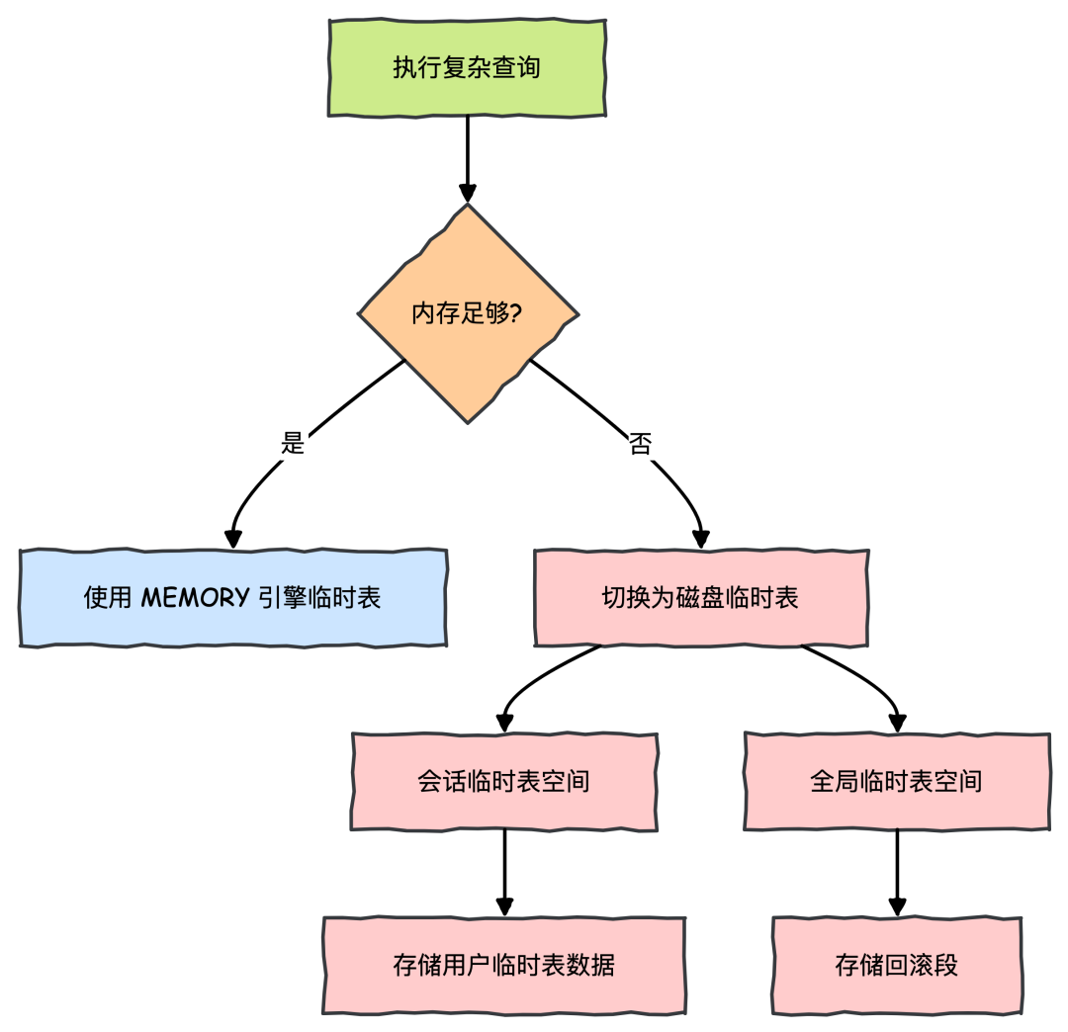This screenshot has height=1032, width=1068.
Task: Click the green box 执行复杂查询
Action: click(467, 68)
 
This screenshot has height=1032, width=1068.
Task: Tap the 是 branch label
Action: click(294, 444)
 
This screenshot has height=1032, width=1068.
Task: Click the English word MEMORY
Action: click(195, 598)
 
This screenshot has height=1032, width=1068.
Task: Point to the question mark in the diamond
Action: click(516, 314)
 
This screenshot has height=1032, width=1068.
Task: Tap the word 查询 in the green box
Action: click(516, 68)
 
